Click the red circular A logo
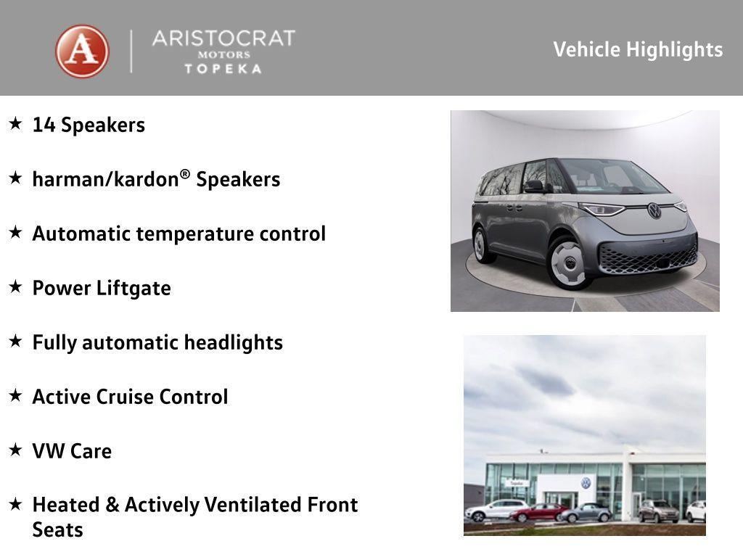[x=83, y=51]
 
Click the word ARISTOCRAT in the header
[x=223, y=38]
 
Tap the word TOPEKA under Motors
[x=223, y=69]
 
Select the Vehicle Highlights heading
[x=638, y=50]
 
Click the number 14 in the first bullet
[x=44, y=125]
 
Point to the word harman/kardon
[x=106, y=180]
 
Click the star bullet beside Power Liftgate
[x=16, y=286]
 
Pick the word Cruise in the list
[x=125, y=397]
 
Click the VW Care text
[x=72, y=451]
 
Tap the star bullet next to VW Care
[x=16, y=450]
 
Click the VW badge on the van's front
[x=654, y=210]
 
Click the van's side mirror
[x=535, y=186]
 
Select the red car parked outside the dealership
[x=539, y=513]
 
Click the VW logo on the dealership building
[x=586, y=482]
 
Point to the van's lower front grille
[x=648, y=259]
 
